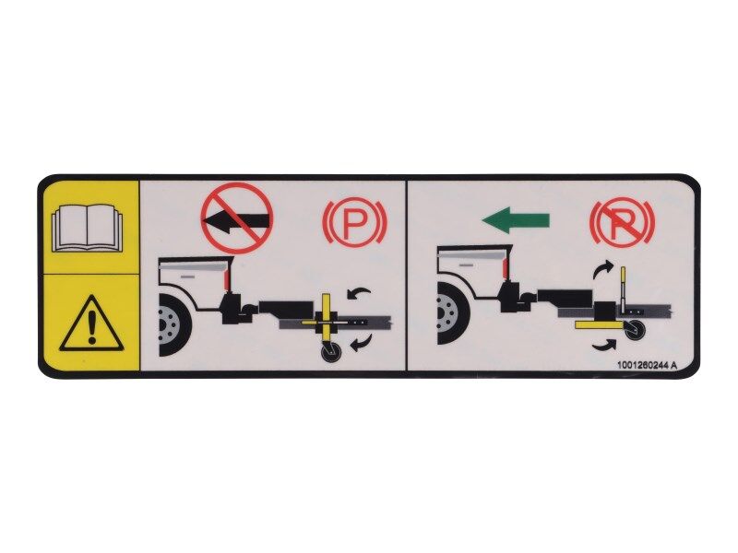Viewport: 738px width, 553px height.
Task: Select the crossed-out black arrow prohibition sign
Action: tap(237, 218)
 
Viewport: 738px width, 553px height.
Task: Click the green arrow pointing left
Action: tap(516, 219)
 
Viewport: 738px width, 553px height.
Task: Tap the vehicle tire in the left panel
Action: tap(173, 324)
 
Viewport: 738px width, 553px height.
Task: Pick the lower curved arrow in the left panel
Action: tap(359, 345)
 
